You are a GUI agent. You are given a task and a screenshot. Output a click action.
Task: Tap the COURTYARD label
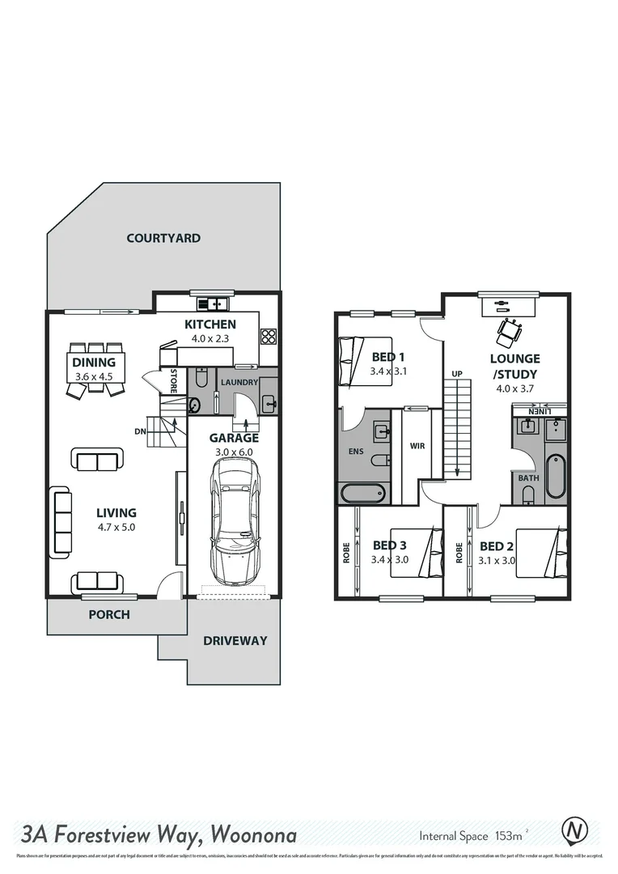click(163, 238)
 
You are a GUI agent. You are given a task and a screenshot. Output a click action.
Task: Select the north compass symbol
click(574, 831)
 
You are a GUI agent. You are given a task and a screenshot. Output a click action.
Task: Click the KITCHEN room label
click(209, 325)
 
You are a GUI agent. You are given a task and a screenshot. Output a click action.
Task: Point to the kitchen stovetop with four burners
click(269, 337)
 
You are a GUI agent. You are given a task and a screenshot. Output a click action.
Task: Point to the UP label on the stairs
click(457, 374)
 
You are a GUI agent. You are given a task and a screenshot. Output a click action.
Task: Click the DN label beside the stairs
click(140, 431)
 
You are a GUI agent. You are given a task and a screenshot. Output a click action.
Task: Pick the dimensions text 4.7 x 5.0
click(116, 527)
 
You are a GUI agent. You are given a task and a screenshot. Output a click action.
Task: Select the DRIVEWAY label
click(235, 640)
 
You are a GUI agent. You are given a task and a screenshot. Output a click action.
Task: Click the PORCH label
click(108, 614)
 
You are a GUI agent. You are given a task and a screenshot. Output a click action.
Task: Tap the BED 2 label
click(497, 545)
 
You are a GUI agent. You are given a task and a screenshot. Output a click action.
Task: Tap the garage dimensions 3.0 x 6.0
click(233, 452)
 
